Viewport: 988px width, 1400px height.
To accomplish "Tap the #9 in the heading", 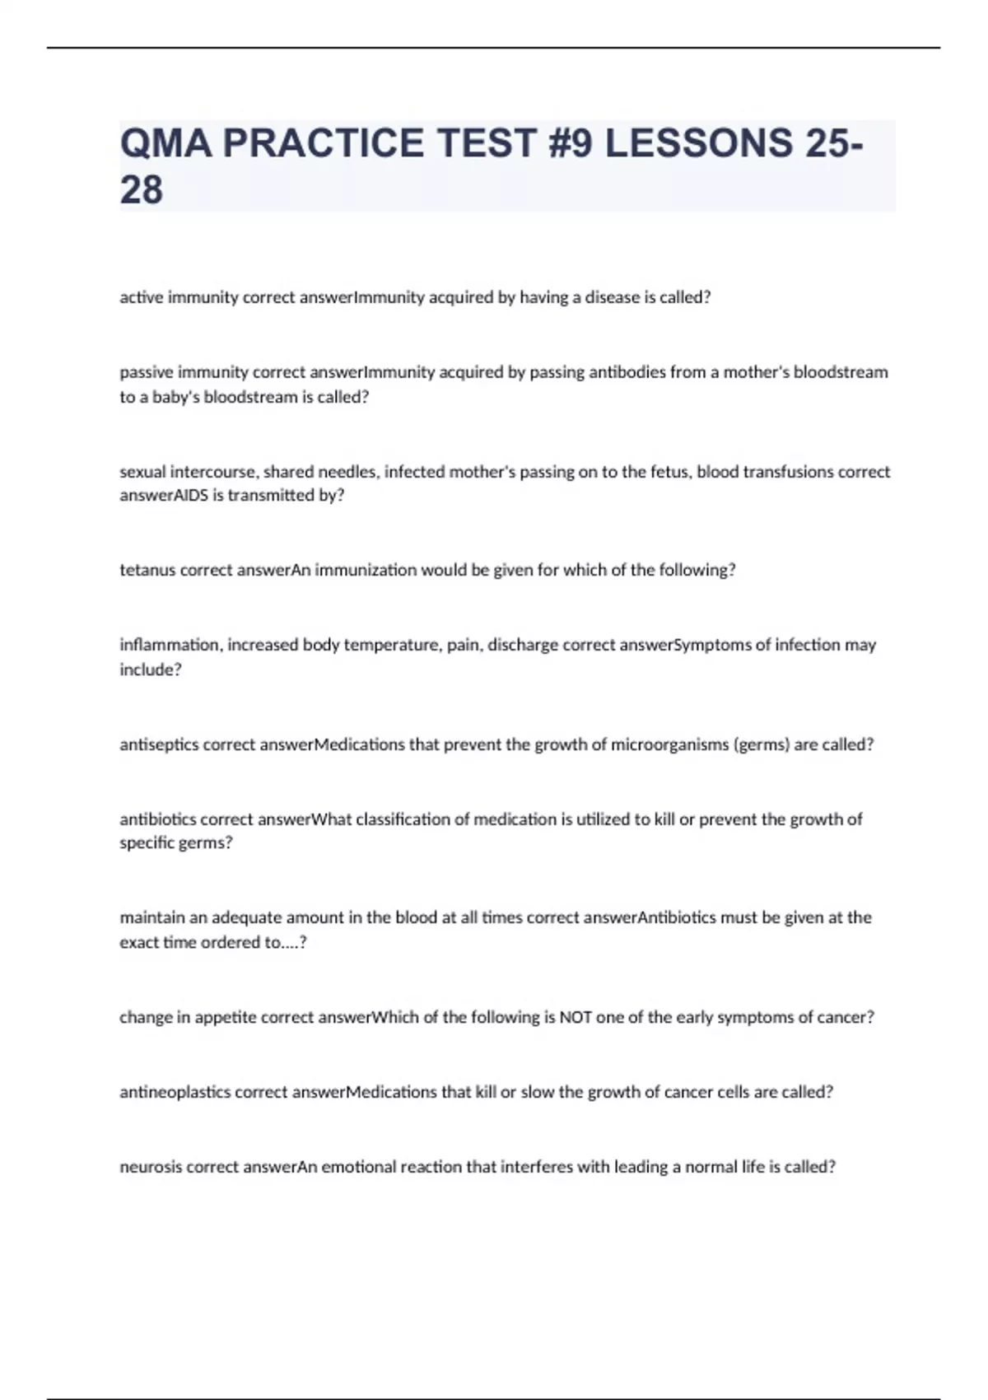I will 569,143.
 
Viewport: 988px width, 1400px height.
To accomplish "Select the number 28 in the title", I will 142,190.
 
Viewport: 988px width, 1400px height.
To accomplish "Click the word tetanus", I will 147,570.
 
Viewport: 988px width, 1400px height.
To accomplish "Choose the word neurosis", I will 151,1167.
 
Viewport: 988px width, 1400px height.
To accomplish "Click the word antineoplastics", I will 175,1092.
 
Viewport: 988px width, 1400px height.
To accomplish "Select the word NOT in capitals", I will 576,1017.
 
